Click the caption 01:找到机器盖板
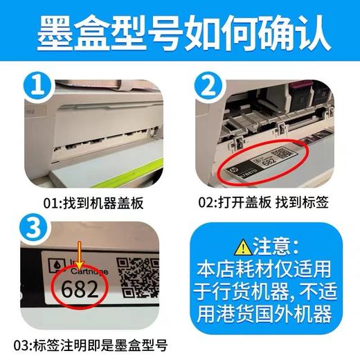click(91, 201)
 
